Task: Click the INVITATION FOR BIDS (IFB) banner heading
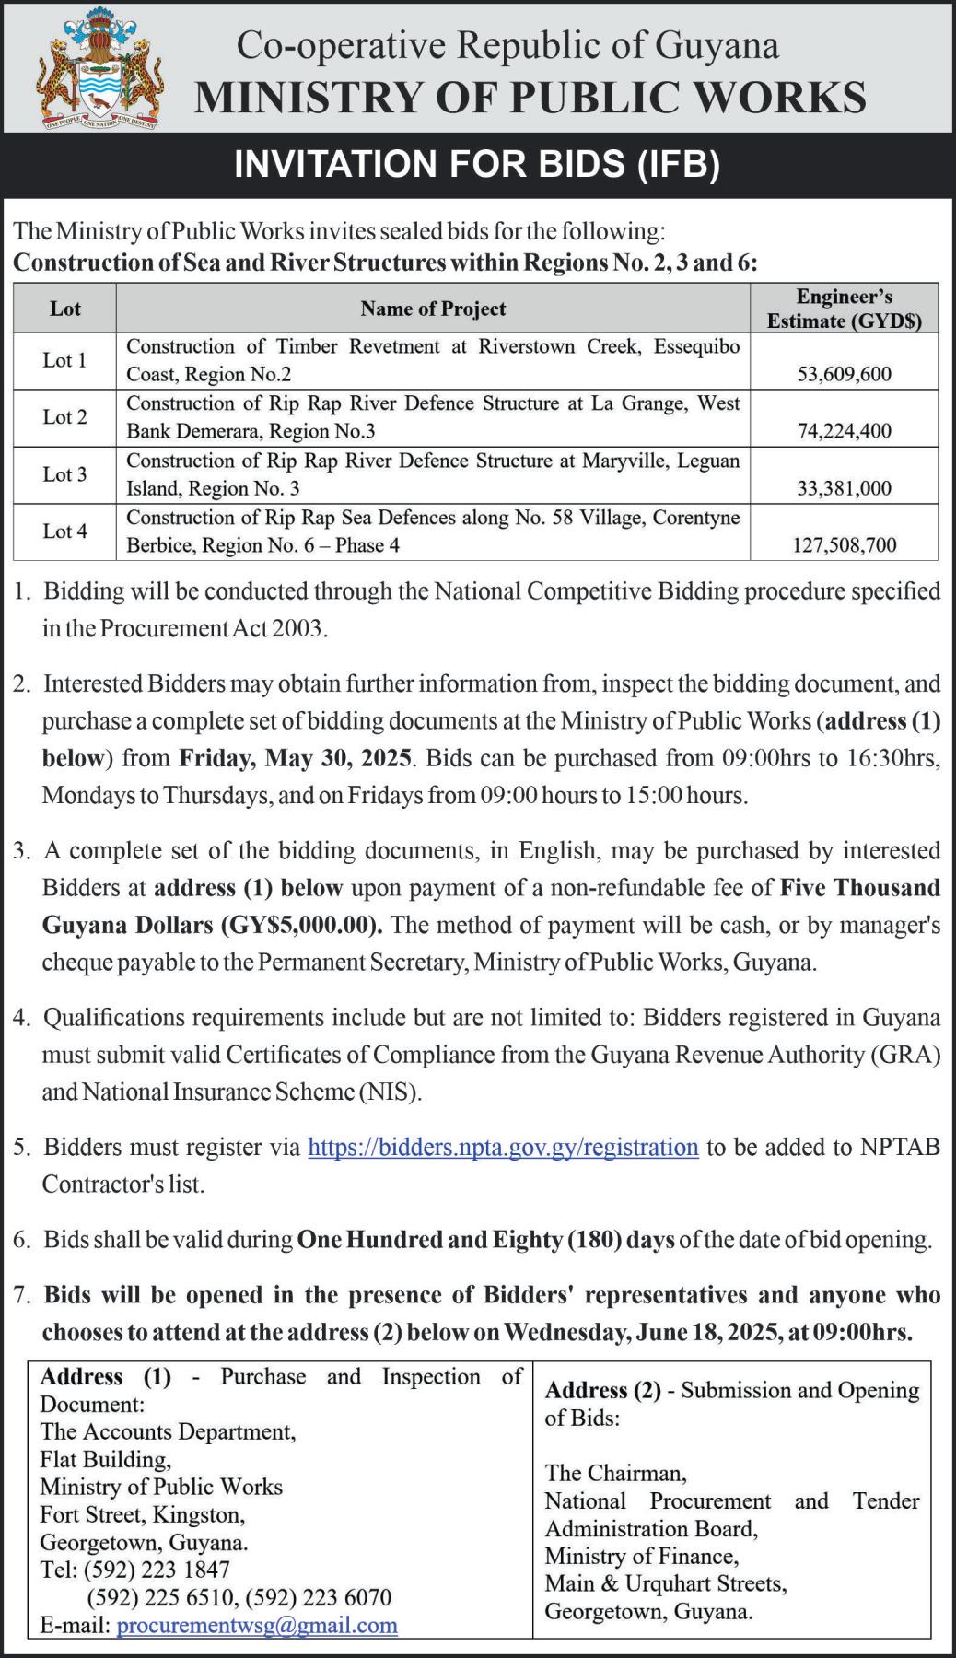(x=477, y=164)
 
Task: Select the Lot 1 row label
(x=64, y=360)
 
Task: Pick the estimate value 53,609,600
(x=844, y=374)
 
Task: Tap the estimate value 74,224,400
(x=844, y=431)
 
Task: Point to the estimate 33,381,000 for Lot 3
(x=844, y=488)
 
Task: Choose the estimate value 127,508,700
(x=844, y=545)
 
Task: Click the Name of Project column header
(x=433, y=309)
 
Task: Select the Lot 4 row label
(x=64, y=531)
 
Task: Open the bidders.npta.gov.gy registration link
(x=503, y=1147)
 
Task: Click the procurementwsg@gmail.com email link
(x=257, y=1625)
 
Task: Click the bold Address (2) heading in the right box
(x=603, y=1390)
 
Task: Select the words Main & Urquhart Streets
(x=665, y=1583)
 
